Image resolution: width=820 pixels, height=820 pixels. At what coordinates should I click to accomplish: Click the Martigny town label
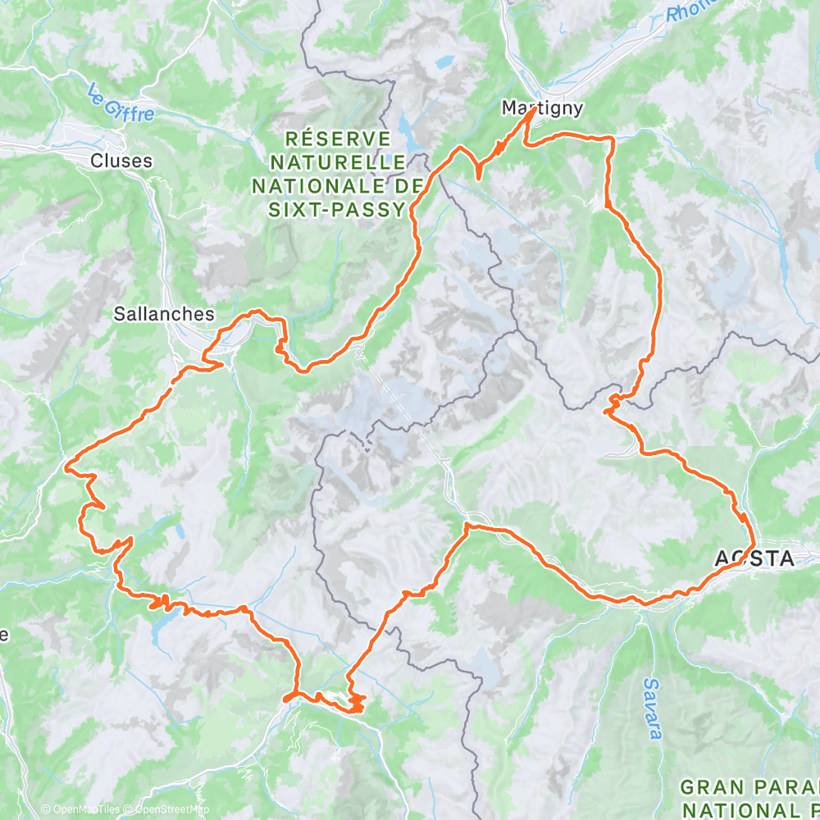[542, 107]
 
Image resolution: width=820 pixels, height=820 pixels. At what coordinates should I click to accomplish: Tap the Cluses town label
[121, 161]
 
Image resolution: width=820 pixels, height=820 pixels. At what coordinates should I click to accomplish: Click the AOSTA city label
[754, 559]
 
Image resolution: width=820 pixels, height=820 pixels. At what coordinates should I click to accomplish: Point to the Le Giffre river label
[121, 105]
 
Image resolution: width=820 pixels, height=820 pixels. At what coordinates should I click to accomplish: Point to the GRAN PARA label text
[749, 786]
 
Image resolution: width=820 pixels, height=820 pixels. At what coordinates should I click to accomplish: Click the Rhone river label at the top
[687, 10]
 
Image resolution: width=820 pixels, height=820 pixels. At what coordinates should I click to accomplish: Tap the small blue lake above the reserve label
[444, 61]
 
